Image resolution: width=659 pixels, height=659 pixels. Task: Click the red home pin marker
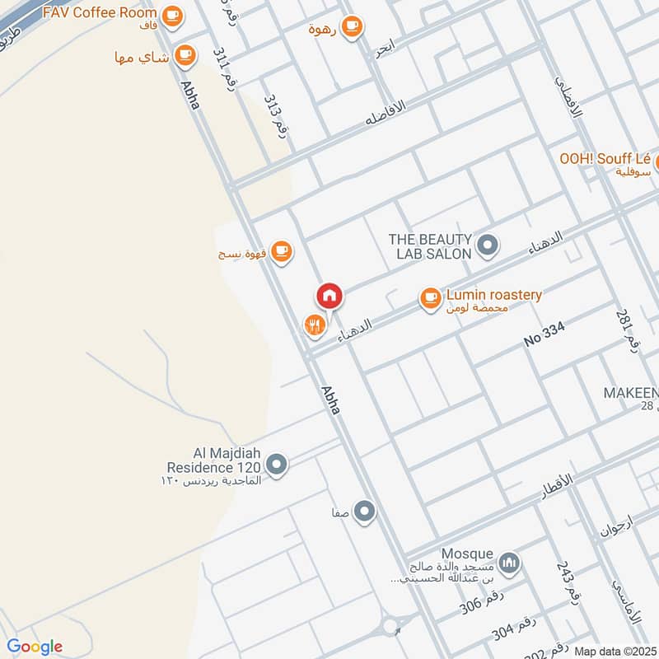pyautogui.click(x=329, y=296)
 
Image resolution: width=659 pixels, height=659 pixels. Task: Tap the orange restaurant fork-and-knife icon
pyautogui.click(x=314, y=325)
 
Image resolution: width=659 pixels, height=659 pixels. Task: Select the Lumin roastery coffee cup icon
pyautogui.click(x=430, y=298)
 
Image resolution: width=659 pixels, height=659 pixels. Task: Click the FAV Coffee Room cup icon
pyautogui.click(x=171, y=14)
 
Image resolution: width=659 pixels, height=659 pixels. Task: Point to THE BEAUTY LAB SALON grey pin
pyautogui.click(x=488, y=245)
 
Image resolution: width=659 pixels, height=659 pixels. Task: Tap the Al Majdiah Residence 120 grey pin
pyautogui.click(x=278, y=465)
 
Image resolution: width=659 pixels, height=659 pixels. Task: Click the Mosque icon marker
pyautogui.click(x=511, y=563)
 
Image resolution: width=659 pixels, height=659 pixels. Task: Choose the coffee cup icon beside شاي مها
pyautogui.click(x=185, y=56)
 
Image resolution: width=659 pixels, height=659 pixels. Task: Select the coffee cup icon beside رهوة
pyautogui.click(x=352, y=26)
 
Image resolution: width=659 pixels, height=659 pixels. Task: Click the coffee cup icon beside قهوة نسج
pyautogui.click(x=282, y=250)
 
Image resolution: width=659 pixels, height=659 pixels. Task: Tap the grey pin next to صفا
pyautogui.click(x=364, y=512)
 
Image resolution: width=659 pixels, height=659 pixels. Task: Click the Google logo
pyautogui.click(x=35, y=647)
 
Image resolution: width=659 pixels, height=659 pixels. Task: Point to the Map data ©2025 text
pyautogui.click(x=615, y=651)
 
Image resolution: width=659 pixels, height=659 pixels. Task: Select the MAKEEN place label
pyautogui.click(x=631, y=393)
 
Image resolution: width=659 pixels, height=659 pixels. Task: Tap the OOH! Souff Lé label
pyautogui.click(x=605, y=158)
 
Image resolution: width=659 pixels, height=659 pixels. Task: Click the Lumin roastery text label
pyautogui.click(x=494, y=294)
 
